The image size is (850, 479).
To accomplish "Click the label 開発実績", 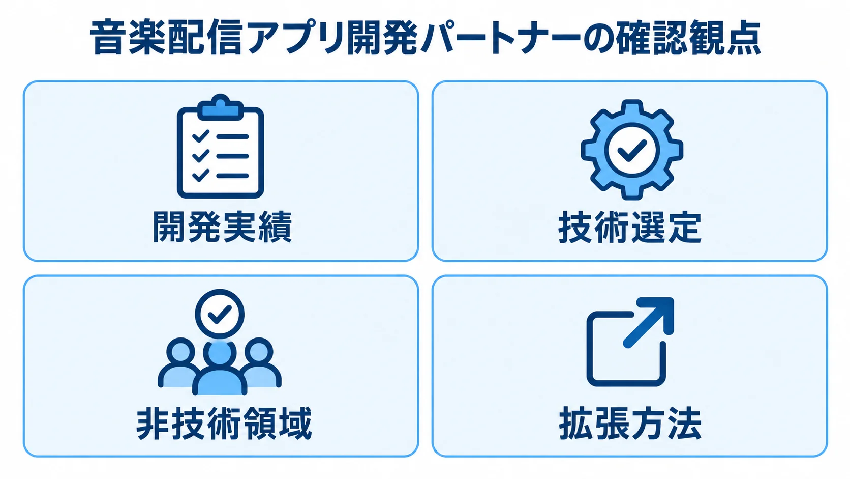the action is pos(222,227).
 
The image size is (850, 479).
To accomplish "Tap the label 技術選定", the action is pos(630,228).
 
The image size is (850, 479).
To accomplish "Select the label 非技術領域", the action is pos(224,424).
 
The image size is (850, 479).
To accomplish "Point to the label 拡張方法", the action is pos(630,424).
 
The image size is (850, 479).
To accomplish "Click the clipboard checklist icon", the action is pos(221,146).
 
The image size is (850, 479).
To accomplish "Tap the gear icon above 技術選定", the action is pos(632,150).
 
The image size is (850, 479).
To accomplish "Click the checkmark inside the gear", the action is pos(632,151).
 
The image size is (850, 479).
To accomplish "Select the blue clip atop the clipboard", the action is pos(221,107).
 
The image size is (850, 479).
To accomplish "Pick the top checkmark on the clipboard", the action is pos(201,136).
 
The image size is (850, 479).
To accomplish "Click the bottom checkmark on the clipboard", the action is pos(201,175).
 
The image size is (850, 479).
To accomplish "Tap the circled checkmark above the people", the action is pos(220,314).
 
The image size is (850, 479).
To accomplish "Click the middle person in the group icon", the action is pos(220,368).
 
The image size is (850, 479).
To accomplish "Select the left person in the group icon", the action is pos(178,363).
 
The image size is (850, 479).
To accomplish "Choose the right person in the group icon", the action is pos(261,363).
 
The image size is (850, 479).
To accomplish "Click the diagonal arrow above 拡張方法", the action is pos(649,323).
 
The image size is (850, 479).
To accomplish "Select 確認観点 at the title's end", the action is pos(686,39).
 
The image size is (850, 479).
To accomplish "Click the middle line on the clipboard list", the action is pos(232,156).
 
